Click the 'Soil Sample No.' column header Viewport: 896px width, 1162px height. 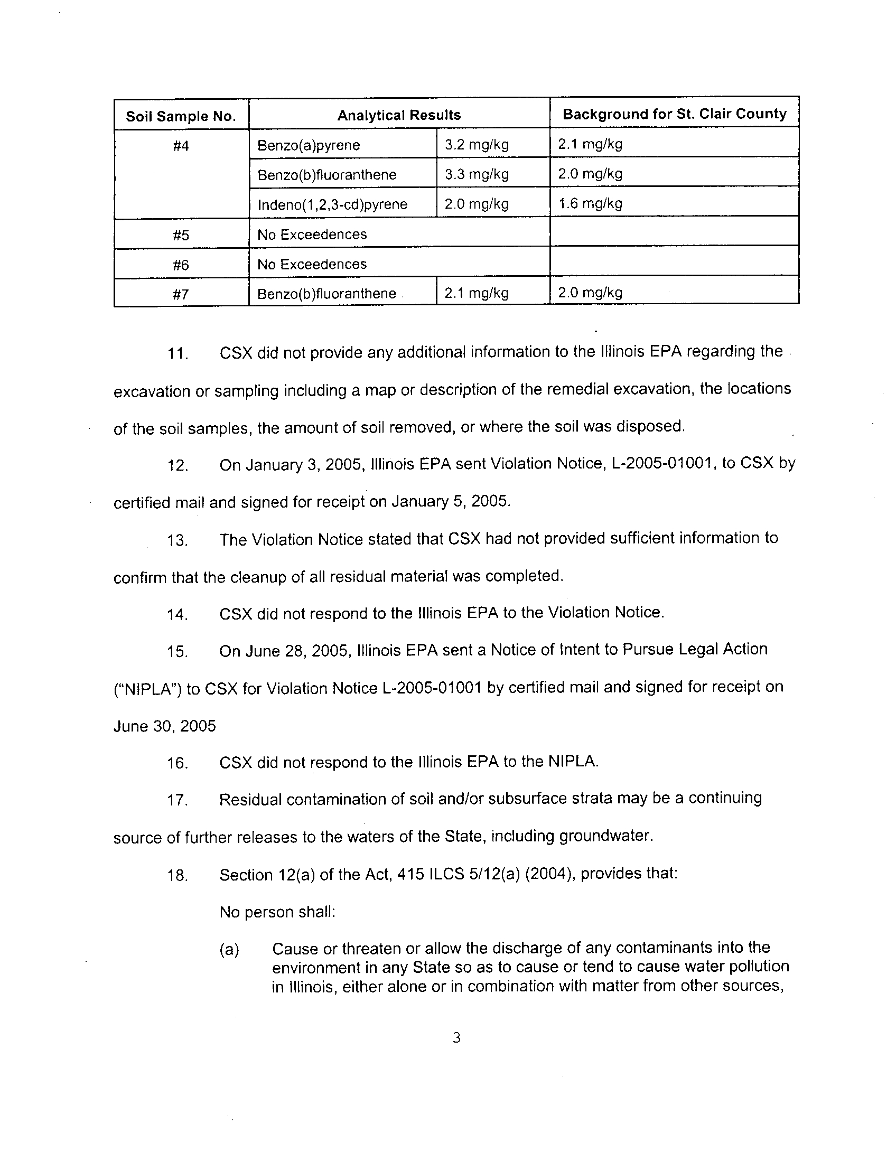[x=181, y=117]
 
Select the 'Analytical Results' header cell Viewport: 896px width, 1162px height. [x=399, y=115]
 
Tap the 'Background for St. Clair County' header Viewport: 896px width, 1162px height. [x=674, y=114]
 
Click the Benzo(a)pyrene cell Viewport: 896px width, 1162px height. [x=309, y=145]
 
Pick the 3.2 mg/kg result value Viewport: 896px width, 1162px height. [x=477, y=145]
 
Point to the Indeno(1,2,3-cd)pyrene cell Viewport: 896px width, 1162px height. [x=332, y=205]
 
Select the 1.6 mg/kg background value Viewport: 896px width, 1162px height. [x=590, y=203]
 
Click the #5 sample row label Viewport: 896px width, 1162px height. [x=181, y=235]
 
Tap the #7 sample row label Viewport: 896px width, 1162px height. [x=181, y=294]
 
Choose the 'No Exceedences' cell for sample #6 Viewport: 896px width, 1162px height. [x=312, y=265]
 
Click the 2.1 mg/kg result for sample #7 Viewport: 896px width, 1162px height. [x=477, y=293]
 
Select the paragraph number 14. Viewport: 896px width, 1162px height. [x=178, y=615]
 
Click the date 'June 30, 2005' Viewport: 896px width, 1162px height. [x=164, y=726]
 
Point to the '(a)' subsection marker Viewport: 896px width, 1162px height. [x=229, y=950]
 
